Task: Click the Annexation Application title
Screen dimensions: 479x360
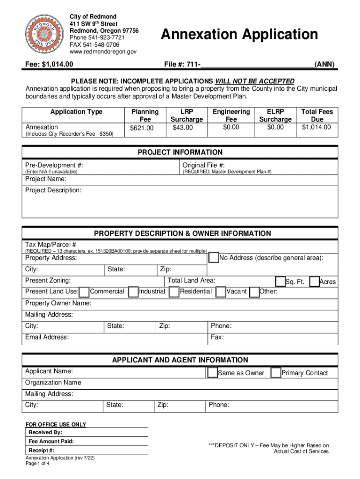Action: click(x=239, y=34)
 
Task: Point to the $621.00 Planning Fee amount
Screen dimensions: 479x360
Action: click(x=141, y=128)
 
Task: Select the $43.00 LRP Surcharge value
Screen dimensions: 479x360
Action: click(x=182, y=127)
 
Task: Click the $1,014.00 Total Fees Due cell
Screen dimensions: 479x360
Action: click(x=317, y=127)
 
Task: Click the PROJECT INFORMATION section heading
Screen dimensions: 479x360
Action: click(x=180, y=152)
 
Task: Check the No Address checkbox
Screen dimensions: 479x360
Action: click(x=213, y=258)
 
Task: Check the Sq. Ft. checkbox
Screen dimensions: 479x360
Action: click(x=280, y=281)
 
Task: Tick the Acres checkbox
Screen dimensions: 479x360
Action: click(x=314, y=281)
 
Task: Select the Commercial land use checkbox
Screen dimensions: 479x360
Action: click(x=85, y=292)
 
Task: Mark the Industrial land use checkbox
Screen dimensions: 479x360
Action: click(x=133, y=292)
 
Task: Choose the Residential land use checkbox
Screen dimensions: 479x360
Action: click(x=174, y=292)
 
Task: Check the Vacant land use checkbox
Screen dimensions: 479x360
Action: click(x=220, y=292)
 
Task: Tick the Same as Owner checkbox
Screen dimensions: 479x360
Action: click(x=212, y=373)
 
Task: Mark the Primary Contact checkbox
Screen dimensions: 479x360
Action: click(x=275, y=373)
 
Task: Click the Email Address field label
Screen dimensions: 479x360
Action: click(x=47, y=337)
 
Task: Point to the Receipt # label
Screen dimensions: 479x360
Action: click(x=42, y=450)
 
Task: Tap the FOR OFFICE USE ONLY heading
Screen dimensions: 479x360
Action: click(x=56, y=424)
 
